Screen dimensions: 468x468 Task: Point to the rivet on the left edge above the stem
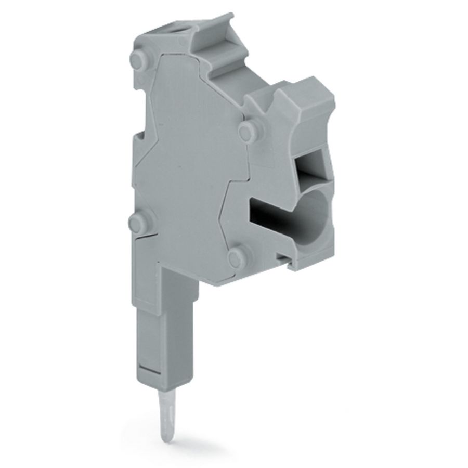[136, 225]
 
